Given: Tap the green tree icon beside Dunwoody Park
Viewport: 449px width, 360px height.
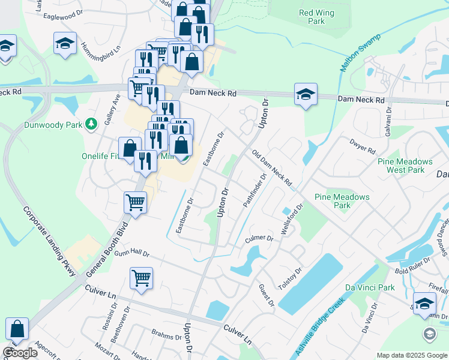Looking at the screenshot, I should tap(91, 124).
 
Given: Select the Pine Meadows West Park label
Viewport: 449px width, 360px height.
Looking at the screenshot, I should tap(405, 166).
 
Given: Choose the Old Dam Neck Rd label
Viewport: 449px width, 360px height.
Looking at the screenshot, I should tap(271, 168).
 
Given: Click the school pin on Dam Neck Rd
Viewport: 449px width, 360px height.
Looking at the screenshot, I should tap(306, 95).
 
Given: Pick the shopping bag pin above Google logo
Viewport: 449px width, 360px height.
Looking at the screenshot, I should tap(17, 329).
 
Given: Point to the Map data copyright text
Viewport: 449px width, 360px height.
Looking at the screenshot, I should tap(411, 355).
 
